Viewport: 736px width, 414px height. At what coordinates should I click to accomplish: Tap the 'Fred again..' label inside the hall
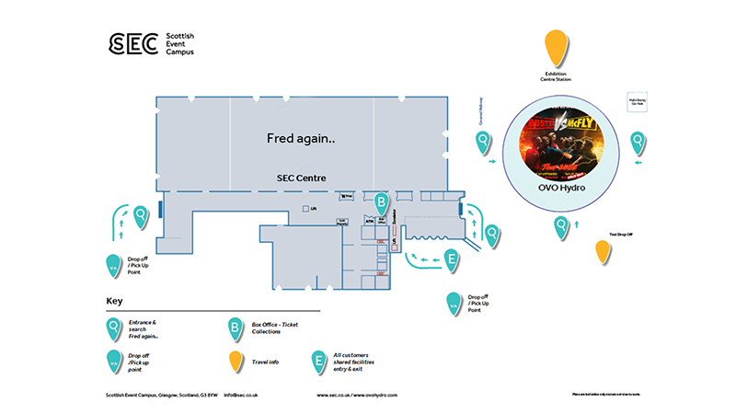pos(301,138)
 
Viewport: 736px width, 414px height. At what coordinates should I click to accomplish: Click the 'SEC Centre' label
pos(301,178)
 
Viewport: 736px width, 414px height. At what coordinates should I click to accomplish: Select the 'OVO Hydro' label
pos(561,188)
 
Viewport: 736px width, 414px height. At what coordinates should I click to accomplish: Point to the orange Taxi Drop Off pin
pos(603,251)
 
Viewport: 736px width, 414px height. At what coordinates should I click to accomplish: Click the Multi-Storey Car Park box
pos(636,101)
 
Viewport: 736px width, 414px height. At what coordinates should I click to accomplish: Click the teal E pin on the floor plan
pos(451,260)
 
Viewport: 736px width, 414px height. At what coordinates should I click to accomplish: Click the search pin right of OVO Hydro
pos(638,142)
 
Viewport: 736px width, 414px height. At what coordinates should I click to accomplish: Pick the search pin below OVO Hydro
pos(560,226)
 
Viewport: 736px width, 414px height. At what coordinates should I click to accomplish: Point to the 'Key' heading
pos(114,301)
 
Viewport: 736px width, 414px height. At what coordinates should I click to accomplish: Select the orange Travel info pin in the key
pos(236,362)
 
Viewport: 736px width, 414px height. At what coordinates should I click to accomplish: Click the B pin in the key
pos(236,328)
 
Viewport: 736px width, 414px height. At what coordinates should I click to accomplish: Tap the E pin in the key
pos(318,361)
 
